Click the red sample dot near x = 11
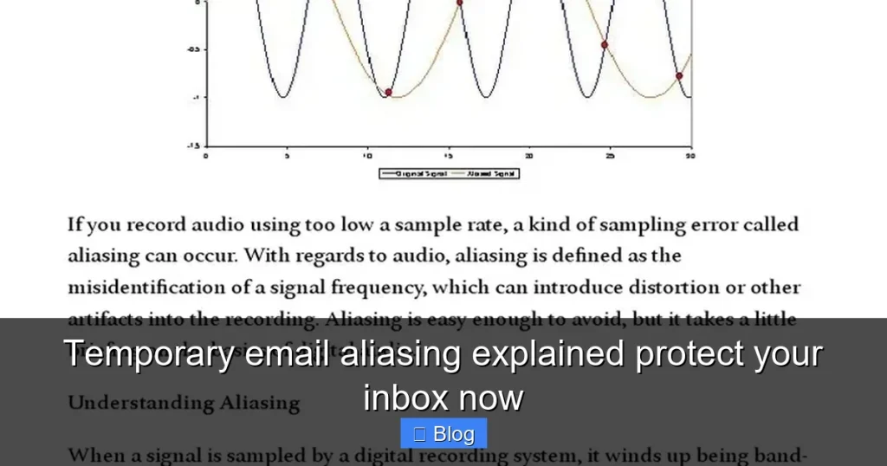[x=388, y=92]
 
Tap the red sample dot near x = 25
[x=605, y=45]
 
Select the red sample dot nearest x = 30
[x=679, y=76]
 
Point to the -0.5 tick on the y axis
[x=193, y=49]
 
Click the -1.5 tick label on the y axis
[x=192, y=146]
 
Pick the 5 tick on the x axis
[x=287, y=157]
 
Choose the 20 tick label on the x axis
[x=528, y=157]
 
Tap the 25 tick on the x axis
[x=610, y=157]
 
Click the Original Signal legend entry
[x=414, y=174]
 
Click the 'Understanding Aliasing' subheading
[x=184, y=403]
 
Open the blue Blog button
[x=443, y=433]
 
